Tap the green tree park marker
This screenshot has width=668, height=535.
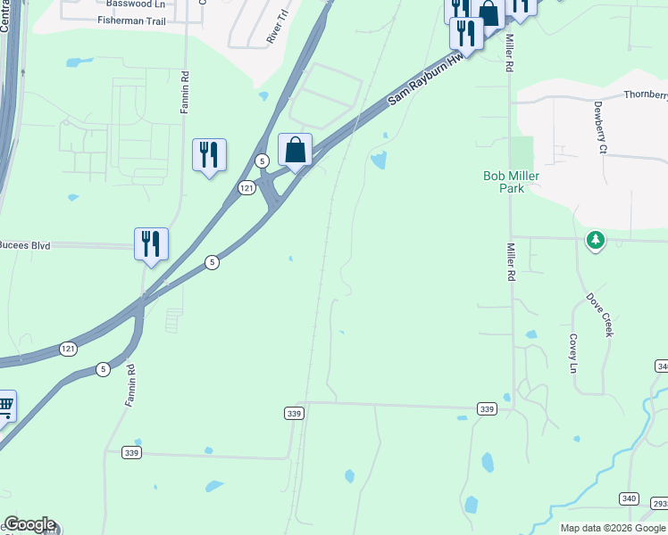point(596,240)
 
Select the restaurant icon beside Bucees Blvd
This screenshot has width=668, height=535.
point(152,243)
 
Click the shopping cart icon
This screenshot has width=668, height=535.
point(5,407)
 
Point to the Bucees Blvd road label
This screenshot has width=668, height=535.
point(25,244)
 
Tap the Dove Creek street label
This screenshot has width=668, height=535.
point(600,313)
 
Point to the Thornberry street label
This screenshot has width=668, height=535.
point(646,95)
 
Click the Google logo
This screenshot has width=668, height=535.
point(29,525)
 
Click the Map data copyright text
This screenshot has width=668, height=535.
point(613,528)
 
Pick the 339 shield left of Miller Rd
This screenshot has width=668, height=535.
point(487,408)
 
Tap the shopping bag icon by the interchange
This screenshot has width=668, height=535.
point(295,150)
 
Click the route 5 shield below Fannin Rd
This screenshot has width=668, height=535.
point(103,369)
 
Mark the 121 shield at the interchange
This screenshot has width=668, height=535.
point(247,187)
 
